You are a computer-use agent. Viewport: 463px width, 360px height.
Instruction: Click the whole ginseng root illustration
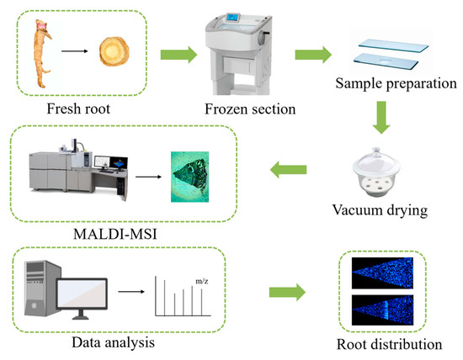(x=41, y=53)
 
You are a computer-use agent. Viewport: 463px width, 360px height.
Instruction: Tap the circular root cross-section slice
(x=114, y=51)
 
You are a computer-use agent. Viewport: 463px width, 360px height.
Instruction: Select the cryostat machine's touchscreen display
(x=233, y=18)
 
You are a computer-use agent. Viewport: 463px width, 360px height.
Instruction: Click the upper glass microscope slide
(x=393, y=45)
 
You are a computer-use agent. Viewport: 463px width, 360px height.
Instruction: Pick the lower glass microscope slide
(x=386, y=61)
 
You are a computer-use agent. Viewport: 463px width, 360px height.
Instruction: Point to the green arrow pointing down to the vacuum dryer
(x=381, y=118)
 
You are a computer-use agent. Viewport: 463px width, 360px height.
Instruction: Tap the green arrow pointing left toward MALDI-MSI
(x=288, y=169)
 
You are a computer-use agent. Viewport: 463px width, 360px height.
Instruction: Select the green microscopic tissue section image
(x=190, y=177)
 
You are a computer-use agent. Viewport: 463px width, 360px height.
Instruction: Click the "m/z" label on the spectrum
(x=202, y=281)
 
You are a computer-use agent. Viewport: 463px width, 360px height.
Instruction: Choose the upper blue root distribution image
(x=382, y=273)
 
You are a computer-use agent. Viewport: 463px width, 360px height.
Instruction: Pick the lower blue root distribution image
(x=382, y=310)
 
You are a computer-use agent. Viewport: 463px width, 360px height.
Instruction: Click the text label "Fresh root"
(x=78, y=109)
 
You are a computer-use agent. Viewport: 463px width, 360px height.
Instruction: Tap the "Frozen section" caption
(x=250, y=109)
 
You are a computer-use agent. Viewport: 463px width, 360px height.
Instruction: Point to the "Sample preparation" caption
(x=396, y=83)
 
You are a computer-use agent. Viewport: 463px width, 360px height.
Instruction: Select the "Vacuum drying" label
(x=380, y=210)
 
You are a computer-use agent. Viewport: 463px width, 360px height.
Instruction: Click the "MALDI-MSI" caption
(x=115, y=235)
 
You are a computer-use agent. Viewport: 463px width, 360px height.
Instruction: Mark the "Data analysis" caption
(x=113, y=343)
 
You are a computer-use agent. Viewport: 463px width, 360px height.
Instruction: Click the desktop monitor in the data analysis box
(x=82, y=298)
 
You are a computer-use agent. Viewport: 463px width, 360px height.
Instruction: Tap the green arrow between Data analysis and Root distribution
(x=287, y=293)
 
